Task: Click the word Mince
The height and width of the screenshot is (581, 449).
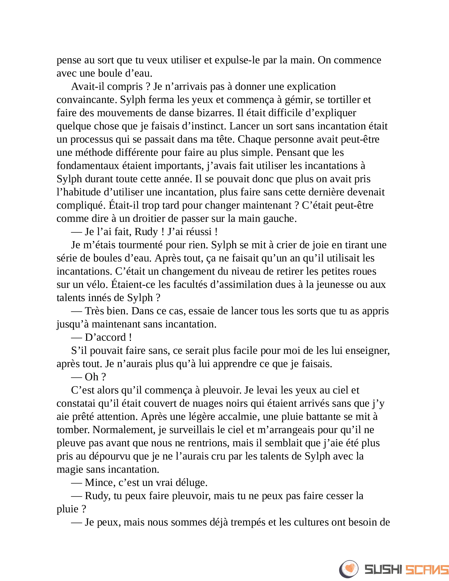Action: click(100, 482)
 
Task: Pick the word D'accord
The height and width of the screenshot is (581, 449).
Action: click(105, 337)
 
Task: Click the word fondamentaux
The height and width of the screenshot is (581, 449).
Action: click(88, 166)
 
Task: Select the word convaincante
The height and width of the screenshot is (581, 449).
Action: click(87, 100)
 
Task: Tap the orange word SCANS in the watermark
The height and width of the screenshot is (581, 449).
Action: click(427, 570)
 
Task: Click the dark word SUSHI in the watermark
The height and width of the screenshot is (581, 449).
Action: click(383, 570)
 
